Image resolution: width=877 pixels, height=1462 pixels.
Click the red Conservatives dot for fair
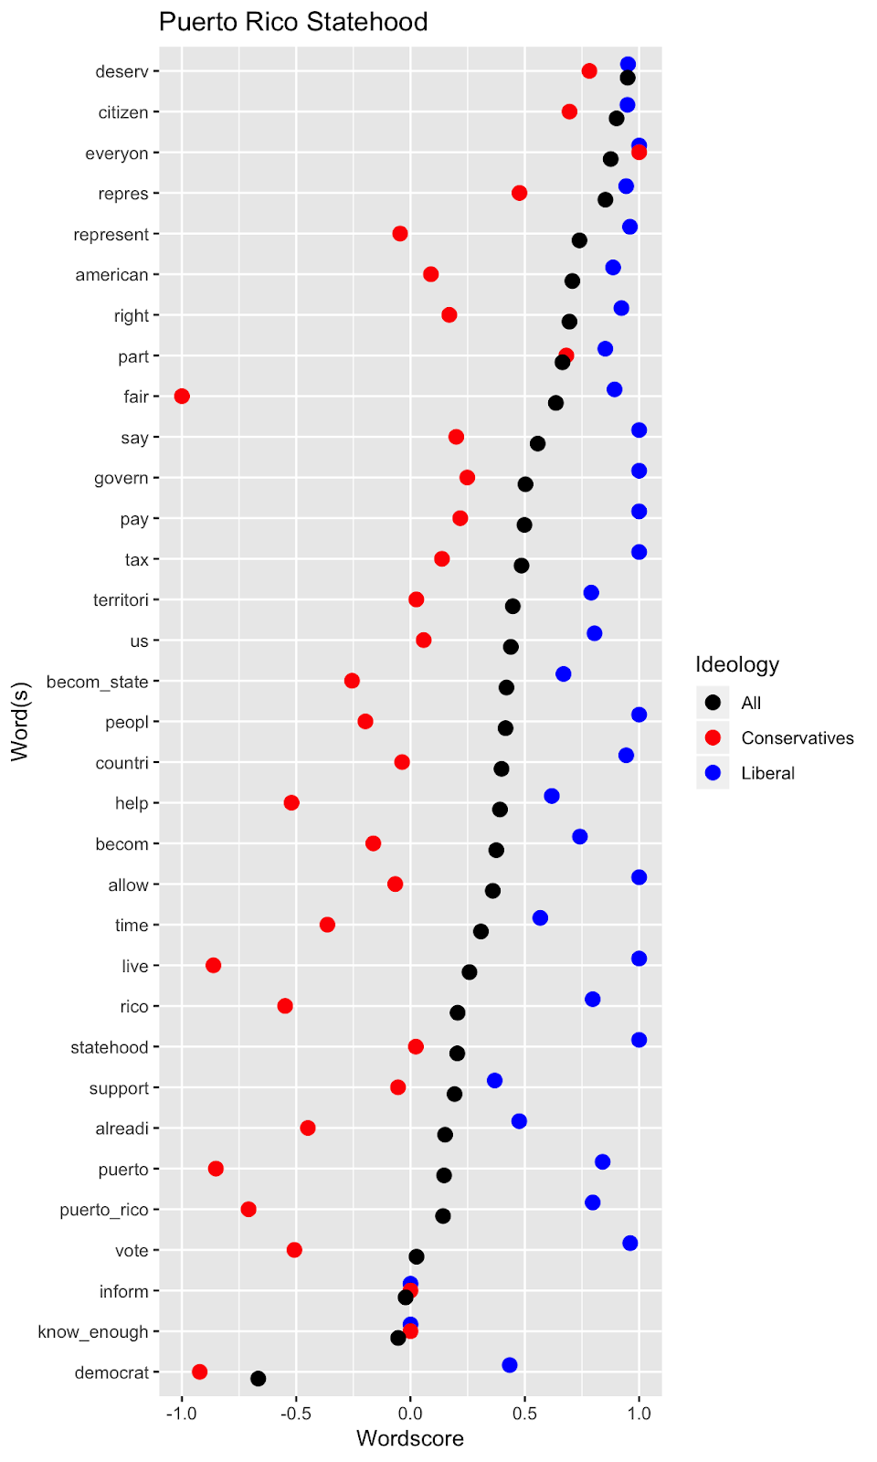[x=182, y=396]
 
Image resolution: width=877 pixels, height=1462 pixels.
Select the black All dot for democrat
[x=259, y=1378]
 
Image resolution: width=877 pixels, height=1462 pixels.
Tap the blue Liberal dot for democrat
[x=510, y=1365]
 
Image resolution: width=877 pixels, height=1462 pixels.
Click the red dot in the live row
[x=213, y=965]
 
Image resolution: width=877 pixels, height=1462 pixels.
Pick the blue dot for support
[x=494, y=1080]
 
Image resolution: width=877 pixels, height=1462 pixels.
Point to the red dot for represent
[x=400, y=234]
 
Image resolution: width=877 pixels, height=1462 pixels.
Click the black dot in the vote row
[x=417, y=1256]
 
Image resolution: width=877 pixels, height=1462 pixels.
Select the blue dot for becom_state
[x=564, y=673]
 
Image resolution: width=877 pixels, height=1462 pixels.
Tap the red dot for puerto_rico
[x=248, y=1209]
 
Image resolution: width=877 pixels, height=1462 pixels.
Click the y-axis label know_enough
[x=92, y=1331]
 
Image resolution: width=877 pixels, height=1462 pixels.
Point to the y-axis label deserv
[x=122, y=71]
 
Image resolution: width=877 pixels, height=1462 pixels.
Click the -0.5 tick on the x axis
[x=296, y=1414]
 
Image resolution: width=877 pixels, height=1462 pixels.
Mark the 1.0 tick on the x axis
[x=639, y=1414]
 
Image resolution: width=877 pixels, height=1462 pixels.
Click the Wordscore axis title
[x=409, y=1438]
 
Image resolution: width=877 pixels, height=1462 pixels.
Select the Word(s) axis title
[x=20, y=722]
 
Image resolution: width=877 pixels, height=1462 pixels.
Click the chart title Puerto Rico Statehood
[x=293, y=22]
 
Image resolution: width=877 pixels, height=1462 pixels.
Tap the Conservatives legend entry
[x=797, y=737]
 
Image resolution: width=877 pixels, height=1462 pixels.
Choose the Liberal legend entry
[x=767, y=773]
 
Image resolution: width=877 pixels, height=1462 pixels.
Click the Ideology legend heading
[x=737, y=664]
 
